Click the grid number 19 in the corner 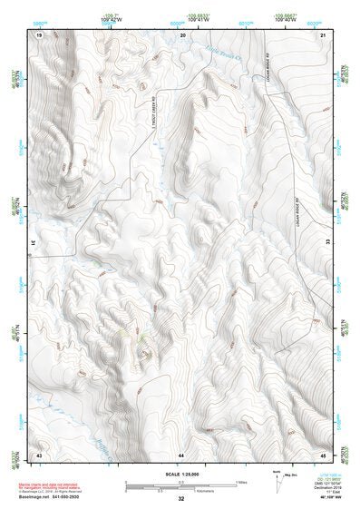[39, 34]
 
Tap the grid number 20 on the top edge [182, 34]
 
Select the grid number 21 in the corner [324, 34]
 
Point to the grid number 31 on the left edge [34, 243]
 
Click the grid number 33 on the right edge [327, 243]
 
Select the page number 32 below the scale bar [181, 499]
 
